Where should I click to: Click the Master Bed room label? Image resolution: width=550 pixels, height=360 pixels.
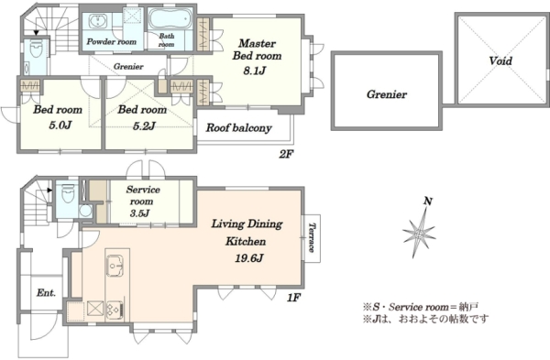click(x=257, y=49)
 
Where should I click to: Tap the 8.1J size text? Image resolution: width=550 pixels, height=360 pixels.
click(x=255, y=71)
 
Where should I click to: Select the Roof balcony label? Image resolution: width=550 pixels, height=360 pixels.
click(x=238, y=128)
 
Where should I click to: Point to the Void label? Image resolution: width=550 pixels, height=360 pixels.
click(x=500, y=61)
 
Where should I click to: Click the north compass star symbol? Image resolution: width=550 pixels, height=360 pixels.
click(x=420, y=233)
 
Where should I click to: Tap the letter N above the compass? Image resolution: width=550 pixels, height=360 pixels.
click(x=428, y=202)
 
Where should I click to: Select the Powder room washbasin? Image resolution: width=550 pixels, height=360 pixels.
click(x=95, y=21)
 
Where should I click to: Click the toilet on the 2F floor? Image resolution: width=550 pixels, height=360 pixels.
click(x=36, y=48)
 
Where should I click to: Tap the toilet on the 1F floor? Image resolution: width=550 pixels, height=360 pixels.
click(x=68, y=193)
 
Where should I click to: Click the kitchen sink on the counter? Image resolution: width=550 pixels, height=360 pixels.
click(x=115, y=266)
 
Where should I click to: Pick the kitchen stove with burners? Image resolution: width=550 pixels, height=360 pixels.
click(x=115, y=311)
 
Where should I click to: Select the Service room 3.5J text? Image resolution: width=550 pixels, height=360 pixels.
click(x=142, y=202)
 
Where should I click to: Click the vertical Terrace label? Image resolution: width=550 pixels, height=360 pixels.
click(x=312, y=237)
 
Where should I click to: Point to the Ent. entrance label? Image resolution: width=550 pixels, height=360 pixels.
click(x=46, y=293)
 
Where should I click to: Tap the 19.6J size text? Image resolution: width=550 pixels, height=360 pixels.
click(x=248, y=258)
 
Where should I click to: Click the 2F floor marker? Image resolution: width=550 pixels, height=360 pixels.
click(x=286, y=154)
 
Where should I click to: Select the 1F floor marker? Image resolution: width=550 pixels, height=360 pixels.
click(x=294, y=298)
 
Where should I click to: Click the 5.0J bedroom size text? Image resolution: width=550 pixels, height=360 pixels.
click(x=60, y=125)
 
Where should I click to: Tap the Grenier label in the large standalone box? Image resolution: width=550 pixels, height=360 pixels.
click(x=387, y=94)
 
